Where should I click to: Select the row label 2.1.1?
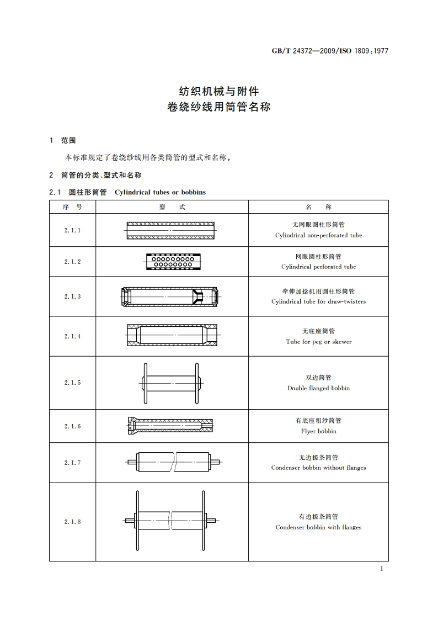(72, 230)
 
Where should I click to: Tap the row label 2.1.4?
(72, 336)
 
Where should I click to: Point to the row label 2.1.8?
(72, 522)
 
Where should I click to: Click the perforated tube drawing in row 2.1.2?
(172, 262)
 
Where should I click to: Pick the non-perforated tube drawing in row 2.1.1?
(172, 230)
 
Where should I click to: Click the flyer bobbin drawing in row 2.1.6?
(172, 426)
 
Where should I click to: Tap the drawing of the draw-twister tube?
(172, 296)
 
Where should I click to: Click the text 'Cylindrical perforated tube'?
(318, 267)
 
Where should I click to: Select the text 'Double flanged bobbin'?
(318, 388)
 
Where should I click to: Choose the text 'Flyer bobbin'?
(318, 431)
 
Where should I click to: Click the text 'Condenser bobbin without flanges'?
(318, 468)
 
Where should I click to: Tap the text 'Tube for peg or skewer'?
(318, 342)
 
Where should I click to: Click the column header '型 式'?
(172, 207)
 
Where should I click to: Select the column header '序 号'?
(72, 207)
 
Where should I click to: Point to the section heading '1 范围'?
(63, 140)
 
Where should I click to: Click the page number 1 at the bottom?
(381, 569)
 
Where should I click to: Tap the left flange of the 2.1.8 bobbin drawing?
(135, 520)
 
